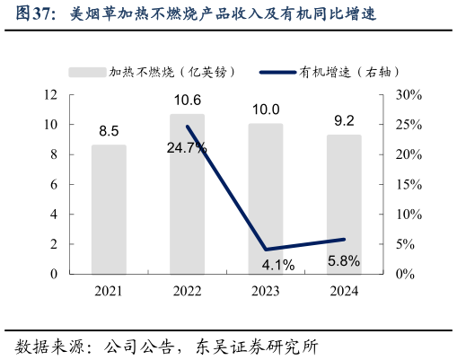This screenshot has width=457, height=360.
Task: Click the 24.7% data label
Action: point(187,147)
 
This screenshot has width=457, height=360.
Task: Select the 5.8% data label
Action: point(344,260)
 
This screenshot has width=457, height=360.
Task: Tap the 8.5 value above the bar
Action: point(109,131)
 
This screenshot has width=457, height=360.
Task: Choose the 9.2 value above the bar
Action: point(344,120)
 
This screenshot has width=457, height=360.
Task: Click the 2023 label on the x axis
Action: point(266,291)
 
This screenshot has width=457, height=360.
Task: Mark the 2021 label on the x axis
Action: point(109,291)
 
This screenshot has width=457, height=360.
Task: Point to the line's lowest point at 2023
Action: point(266,250)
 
